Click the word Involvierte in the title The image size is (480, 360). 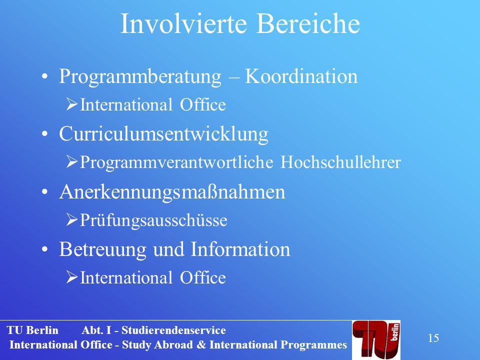point(183,23)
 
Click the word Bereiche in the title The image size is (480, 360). point(308,23)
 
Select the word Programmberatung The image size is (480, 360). point(140,77)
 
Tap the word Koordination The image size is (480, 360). point(301,76)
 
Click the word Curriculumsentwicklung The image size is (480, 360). point(164,134)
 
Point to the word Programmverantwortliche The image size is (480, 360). point(176,162)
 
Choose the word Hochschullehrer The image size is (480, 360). point(340,161)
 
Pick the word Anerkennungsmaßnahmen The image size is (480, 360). point(172,192)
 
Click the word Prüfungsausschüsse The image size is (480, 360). point(153,220)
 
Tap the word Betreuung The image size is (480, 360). point(103,250)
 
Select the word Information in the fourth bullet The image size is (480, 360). point(240,249)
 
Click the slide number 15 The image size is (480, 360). point(433,338)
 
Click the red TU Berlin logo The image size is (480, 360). point(376,339)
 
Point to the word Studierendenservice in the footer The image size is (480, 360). point(173,330)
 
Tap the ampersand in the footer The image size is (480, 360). point(201,344)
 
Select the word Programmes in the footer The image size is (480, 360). point(314,345)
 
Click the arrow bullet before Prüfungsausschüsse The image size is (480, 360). point(72,220)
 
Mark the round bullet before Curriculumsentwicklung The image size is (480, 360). point(45,134)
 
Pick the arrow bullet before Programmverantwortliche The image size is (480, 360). point(72,162)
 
